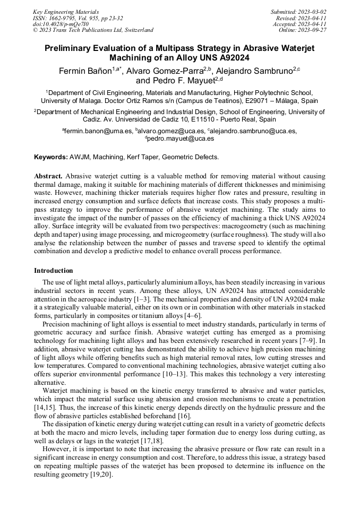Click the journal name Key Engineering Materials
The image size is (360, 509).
tap(66, 12)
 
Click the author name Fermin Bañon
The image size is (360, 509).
tap(84, 71)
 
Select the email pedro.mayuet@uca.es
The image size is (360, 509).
tap(181, 139)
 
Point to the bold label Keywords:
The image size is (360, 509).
tap(51, 157)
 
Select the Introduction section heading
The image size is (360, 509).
tap(54, 271)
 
